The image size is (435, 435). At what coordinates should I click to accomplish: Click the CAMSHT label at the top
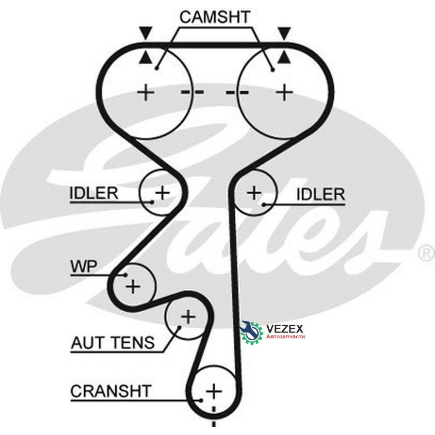(215, 17)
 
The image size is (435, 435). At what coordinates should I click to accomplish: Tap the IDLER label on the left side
(94, 193)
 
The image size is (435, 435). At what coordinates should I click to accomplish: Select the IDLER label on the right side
(321, 194)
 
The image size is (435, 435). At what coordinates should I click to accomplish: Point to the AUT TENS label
(113, 342)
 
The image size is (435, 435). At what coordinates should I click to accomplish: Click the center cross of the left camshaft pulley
(145, 92)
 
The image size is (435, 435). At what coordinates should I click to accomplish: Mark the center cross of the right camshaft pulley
(284, 92)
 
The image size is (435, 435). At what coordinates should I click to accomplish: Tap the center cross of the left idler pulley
(162, 192)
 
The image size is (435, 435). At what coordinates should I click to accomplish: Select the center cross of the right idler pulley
(254, 192)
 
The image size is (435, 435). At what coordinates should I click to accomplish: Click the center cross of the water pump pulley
(133, 286)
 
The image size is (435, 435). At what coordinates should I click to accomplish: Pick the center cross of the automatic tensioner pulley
(188, 317)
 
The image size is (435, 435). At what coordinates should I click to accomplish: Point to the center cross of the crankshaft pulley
(214, 391)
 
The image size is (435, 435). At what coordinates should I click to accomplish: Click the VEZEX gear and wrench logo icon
(251, 331)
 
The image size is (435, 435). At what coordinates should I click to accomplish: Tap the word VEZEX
(285, 329)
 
